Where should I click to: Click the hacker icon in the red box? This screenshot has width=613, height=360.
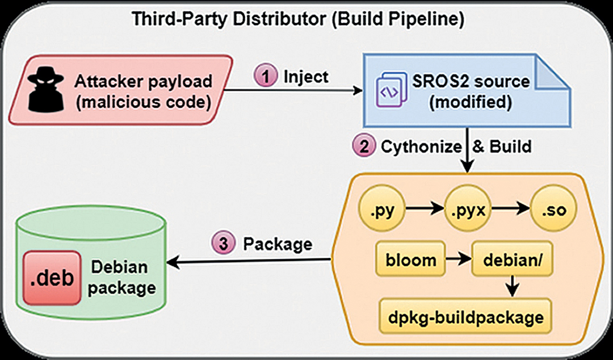pyautogui.click(x=46, y=90)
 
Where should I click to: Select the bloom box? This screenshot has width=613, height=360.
pyautogui.click(x=411, y=261)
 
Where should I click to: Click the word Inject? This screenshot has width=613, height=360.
pyautogui.click(x=306, y=76)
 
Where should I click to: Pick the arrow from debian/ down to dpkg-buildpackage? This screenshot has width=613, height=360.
pyautogui.click(x=513, y=286)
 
